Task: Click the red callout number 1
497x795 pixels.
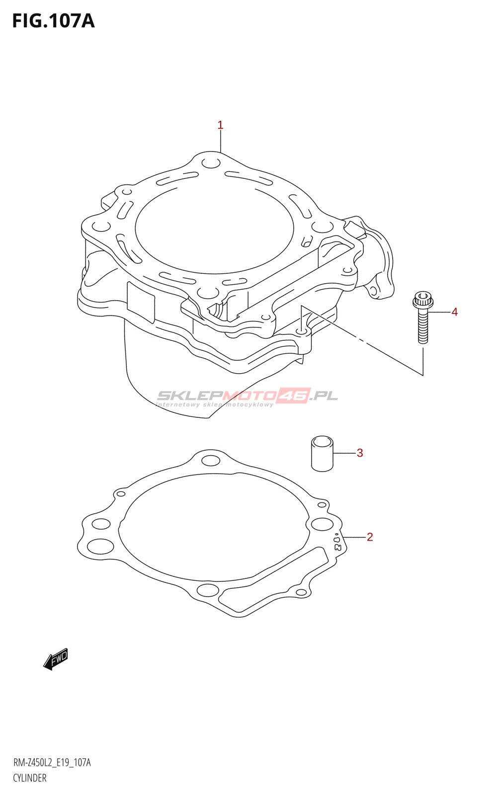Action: tap(220, 125)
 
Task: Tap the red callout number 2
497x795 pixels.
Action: tap(370, 537)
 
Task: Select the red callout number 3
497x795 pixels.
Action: tap(360, 453)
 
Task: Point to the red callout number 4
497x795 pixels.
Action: tap(454, 312)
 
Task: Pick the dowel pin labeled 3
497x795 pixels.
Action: tap(322, 454)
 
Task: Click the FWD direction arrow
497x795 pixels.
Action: tap(55, 660)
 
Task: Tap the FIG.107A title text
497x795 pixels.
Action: tap(54, 21)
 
